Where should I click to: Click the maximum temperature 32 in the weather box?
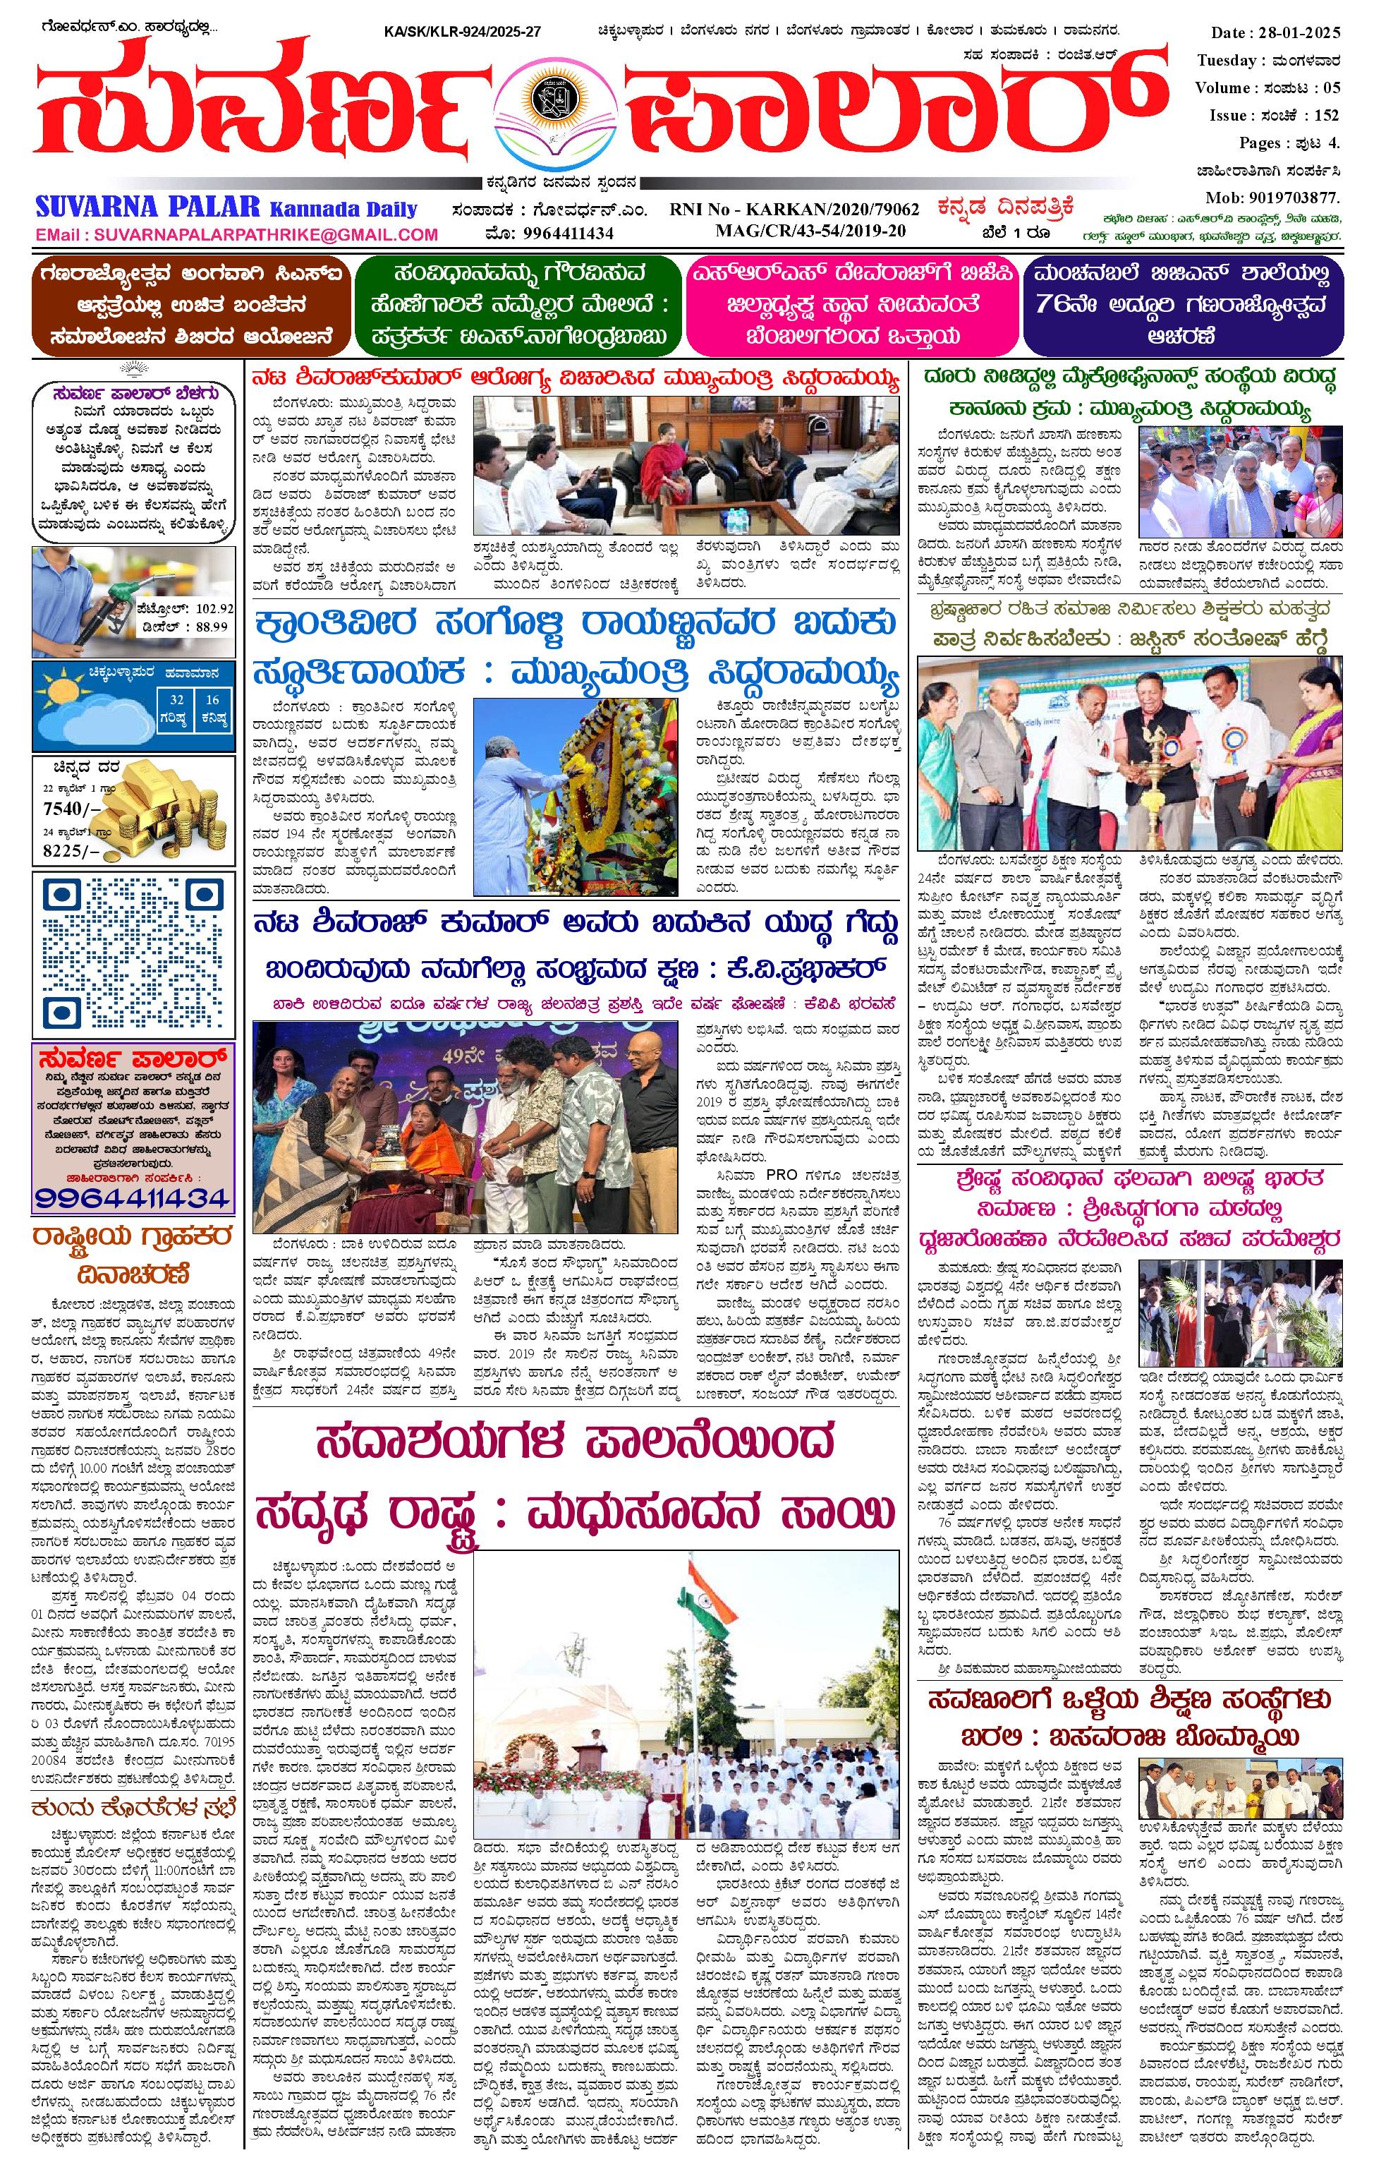coord(177,699)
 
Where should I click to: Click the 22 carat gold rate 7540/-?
coord(66,808)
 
